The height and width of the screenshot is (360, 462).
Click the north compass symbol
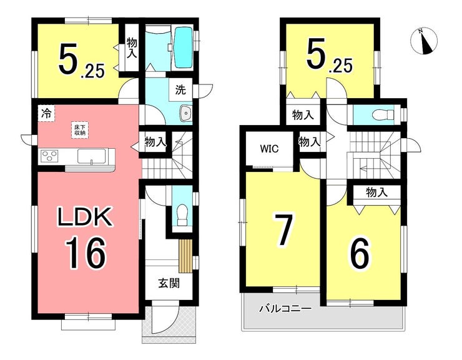click(x=424, y=41)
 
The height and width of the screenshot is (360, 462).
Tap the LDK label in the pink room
click(x=86, y=217)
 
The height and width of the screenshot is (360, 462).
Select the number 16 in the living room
click(x=85, y=253)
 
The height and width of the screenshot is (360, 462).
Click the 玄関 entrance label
click(x=169, y=284)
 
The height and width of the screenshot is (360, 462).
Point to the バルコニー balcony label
click(x=285, y=309)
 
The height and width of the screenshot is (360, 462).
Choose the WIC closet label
click(x=269, y=149)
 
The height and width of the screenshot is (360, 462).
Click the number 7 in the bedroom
click(x=283, y=229)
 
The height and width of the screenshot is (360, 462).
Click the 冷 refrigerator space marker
click(x=46, y=114)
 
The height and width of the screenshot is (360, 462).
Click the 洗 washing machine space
click(x=180, y=90)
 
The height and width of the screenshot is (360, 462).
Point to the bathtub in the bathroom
click(x=184, y=47)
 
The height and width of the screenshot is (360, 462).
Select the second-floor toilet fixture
click(x=383, y=114)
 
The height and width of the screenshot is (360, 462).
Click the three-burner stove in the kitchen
click(x=49, y=156)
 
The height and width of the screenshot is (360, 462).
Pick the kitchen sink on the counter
click(x=92, y=156)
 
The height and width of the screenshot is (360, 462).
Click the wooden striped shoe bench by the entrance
click(x=185, y=256)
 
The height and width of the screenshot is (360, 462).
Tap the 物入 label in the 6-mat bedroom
click(x=377, y=192)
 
